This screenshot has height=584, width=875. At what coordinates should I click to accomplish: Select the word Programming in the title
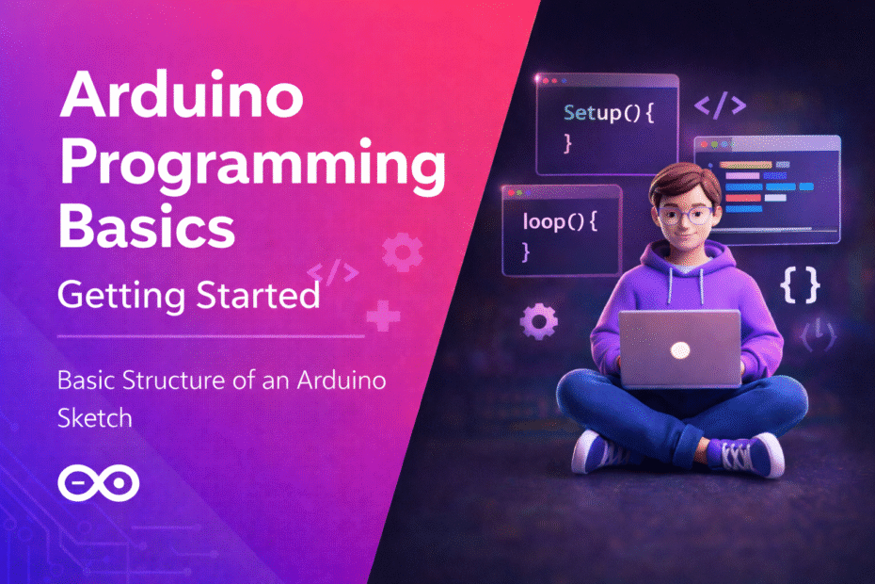(x=251, y=166)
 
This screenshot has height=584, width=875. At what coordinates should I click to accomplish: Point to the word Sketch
(x=94, y=417)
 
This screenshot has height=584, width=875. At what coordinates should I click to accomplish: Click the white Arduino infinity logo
(x=98, y=483)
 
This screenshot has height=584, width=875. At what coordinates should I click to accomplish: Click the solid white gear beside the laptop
(x=538, y=322)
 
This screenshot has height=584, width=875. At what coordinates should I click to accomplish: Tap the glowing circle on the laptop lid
(x=680, y=349)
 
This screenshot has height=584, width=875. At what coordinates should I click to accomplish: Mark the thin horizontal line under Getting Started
(x=211, y=335)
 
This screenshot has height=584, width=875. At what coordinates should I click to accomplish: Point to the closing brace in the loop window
(x=527, y=252)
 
